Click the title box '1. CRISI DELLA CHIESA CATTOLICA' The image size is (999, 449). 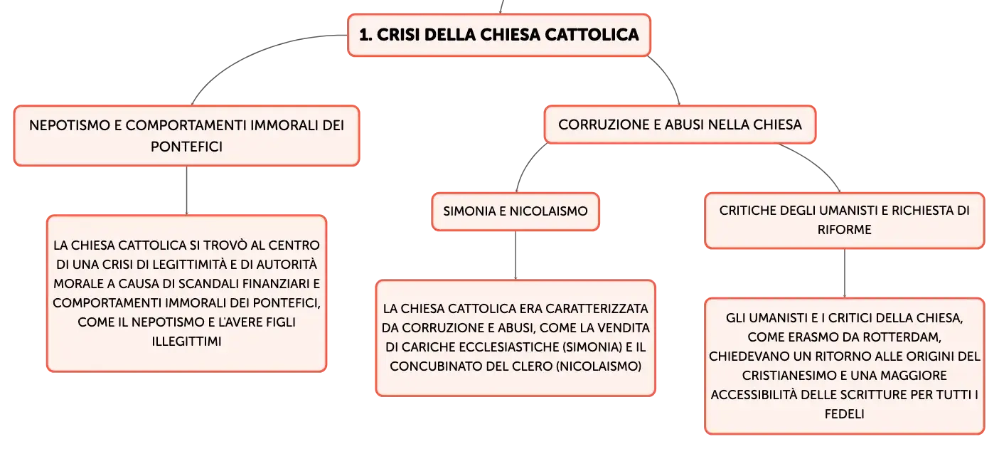(499, 36)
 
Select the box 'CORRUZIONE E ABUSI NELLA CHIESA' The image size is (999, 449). (680, 125)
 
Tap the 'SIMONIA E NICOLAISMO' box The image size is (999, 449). (515, 211)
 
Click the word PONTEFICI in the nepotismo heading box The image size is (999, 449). (186, 147)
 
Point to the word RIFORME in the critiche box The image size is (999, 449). (844, 230)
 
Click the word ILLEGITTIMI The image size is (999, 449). (186, 342)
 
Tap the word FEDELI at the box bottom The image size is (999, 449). (844, 414)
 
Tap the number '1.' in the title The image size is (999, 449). (365, 35)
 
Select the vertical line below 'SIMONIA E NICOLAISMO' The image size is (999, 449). (515, 255)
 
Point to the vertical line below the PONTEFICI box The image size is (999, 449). (186, 191)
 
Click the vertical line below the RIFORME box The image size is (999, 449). (844, 273)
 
